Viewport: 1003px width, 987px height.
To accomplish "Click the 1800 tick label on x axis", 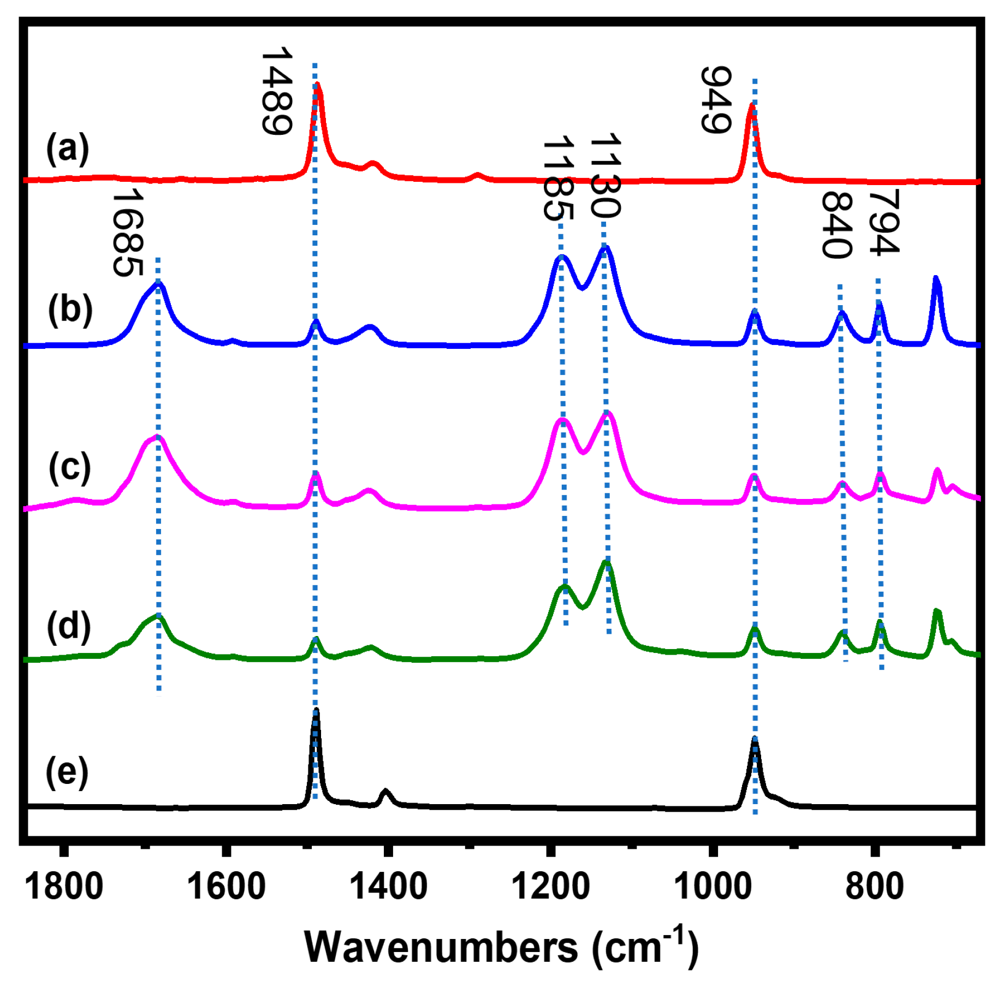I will [x=64, y=887].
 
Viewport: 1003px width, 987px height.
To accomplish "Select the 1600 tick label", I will [x=225, y=887].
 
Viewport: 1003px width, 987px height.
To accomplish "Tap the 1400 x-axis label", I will [x=388, y=887].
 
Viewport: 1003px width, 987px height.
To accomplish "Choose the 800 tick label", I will [x=874, y=887].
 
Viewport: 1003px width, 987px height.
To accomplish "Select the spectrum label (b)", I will [x=70, y=310].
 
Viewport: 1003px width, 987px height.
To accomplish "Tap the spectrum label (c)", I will [x=69, y=468].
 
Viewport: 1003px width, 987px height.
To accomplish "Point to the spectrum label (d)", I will [x=68, y=626].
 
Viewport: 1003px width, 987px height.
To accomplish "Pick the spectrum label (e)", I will [x=67, y=772].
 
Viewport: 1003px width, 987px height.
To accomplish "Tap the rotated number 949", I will [x=716, y=99].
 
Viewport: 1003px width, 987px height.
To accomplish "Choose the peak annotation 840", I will [x=837, y=224].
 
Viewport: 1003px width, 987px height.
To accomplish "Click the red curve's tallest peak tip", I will [x=317, y=84].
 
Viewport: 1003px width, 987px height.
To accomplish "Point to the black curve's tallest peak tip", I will [x=316, y=710].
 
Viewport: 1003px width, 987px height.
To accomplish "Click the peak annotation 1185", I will [x=559, y=179].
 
